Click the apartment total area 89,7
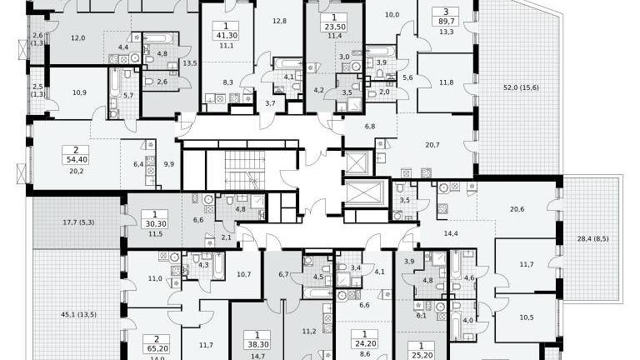click(446, 22)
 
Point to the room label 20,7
click(432, 145)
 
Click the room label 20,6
click(517, 209)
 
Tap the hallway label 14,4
click(451, 234)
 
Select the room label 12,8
click(280, 21)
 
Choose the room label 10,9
click(79, 92)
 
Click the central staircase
click(245, 170)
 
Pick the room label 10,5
click(527, 317)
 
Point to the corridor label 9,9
click(169, 164)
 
